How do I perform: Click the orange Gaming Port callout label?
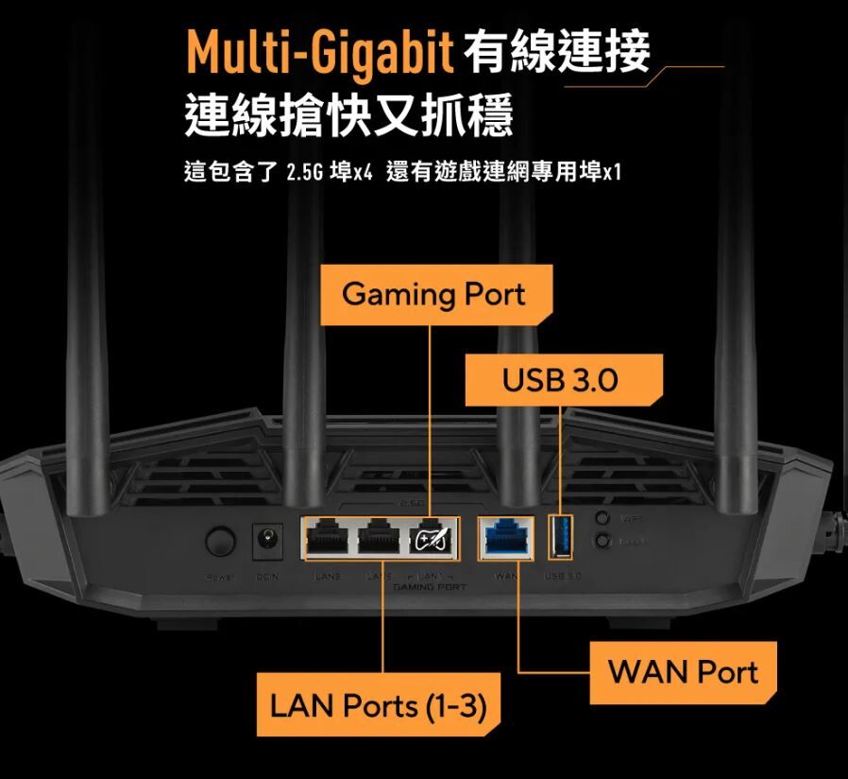pos(433,294)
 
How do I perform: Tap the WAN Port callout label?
pos(683,672)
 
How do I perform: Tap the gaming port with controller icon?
pos(432,540)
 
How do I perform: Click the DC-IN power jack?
pos(269,540)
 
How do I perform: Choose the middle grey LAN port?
pos(379,540)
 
